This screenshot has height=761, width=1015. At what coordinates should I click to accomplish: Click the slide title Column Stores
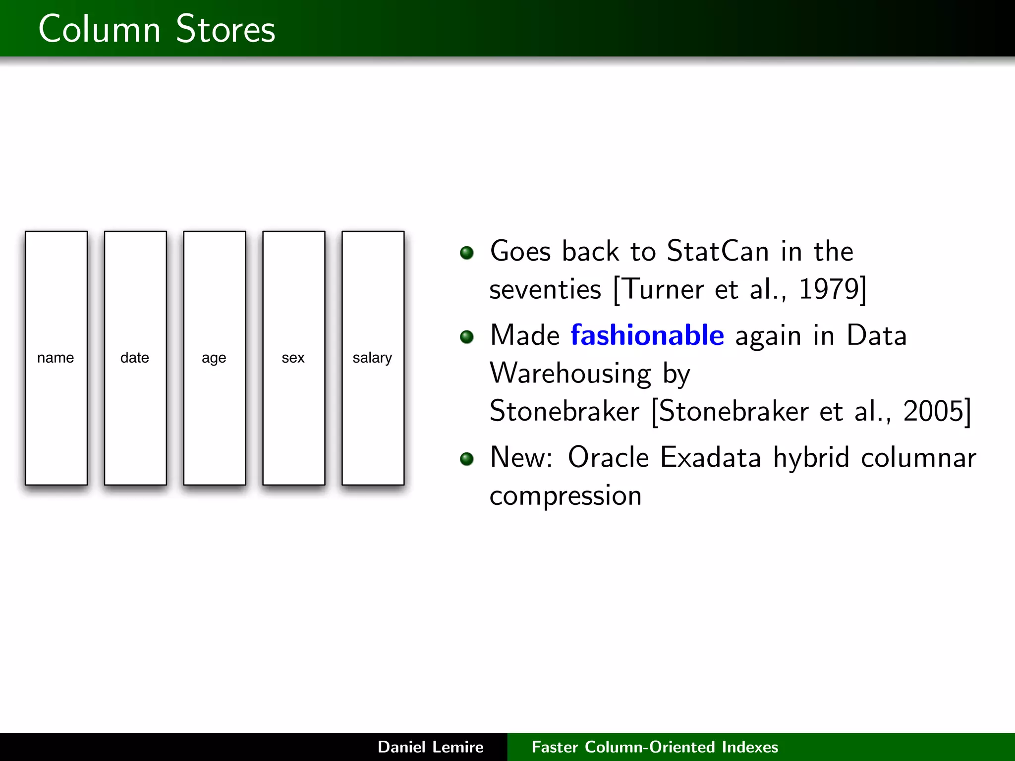tap(157, 29)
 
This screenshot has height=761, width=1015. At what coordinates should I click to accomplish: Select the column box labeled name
tap(56, 358)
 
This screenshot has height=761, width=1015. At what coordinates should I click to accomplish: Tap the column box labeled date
tap(135, 358)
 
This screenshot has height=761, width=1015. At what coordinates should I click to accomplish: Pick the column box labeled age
tap(215, 358)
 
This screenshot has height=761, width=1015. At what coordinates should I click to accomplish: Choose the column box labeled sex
tap(293, 358)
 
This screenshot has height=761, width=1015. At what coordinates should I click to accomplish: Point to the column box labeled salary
tap(373, 358)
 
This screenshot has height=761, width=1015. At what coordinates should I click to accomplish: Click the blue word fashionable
tap(647, 335)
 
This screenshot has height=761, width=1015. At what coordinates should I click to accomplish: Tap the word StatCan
tap(718, 251)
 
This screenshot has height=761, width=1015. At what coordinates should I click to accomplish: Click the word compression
tap(565, 495)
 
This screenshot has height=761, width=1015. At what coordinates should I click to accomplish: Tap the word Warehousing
tap(570, 373)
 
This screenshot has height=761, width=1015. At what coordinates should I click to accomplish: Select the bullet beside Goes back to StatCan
tap(466, 253)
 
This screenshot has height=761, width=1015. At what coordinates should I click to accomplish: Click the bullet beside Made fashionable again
tap(466, 337)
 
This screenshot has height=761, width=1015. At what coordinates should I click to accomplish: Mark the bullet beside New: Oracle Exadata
tap(466, 459)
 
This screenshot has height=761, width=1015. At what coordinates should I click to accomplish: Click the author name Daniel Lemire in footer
tap(430, 747)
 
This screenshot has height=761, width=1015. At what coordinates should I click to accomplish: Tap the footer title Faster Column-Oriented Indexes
tap(655, 747)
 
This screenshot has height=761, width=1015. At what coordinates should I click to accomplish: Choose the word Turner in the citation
tap(663, 289)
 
